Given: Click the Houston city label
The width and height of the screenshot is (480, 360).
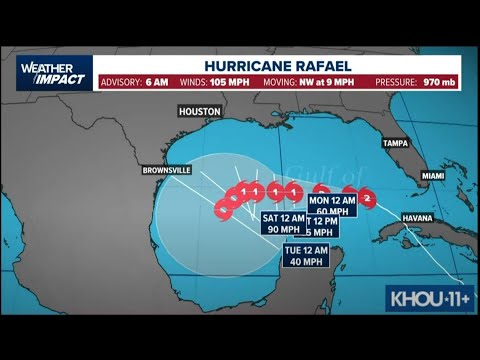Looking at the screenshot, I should pos(199,112).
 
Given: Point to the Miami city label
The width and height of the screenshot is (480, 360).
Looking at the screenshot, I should pos(432,176).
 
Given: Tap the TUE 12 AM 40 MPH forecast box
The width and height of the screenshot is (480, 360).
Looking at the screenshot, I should pos(306,255).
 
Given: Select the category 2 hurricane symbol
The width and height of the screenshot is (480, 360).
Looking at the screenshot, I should pos(367,198).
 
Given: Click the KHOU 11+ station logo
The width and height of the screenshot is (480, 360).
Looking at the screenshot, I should pos(429,298).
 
